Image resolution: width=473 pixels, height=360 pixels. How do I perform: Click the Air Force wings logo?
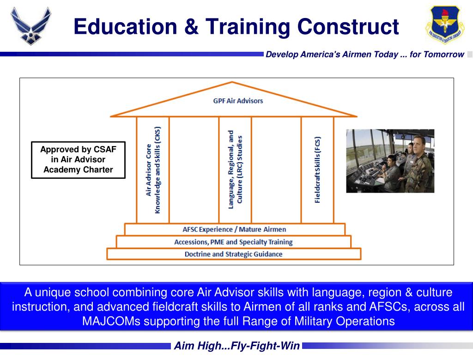coord(30,26)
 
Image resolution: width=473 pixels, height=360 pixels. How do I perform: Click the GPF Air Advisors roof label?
coord(238,101)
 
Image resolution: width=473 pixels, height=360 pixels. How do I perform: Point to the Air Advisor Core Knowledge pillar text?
coord(153,170)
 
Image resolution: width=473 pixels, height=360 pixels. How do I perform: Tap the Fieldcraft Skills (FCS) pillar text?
coord(317,170)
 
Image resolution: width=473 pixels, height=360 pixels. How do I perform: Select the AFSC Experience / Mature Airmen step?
coord(234,229)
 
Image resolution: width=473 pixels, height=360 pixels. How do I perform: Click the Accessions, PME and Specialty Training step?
coord(233,242)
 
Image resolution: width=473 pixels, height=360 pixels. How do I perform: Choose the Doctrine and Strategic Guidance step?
coord(233,254)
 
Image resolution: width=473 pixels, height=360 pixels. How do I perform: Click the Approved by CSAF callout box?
coord(78,159)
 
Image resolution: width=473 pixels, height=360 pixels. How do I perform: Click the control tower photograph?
coord(390,161)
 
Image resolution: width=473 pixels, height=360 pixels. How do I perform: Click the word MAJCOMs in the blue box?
coord(111,321)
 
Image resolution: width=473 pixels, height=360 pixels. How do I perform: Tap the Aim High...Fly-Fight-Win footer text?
coord(236,346)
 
